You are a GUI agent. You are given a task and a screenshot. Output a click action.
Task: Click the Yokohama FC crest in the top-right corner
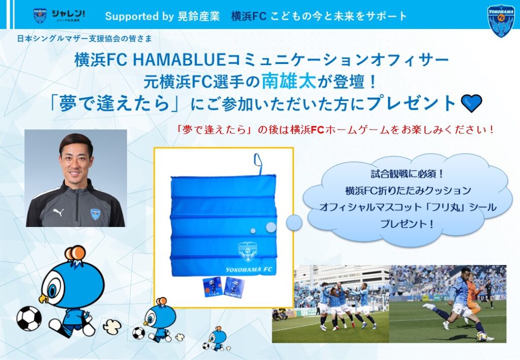coord(501,21)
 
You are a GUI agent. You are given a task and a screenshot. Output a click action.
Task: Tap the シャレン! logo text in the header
coord(68,14)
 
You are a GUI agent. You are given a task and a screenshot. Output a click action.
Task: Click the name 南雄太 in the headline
coord(289,81)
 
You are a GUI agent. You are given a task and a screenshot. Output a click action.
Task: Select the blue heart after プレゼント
coord(471,103)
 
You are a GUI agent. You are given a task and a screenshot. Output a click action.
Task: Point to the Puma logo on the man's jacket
coord(58,212)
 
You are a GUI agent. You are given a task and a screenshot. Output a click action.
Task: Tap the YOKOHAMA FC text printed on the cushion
coord(249,270)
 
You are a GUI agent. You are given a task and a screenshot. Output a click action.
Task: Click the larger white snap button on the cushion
coord(271,227)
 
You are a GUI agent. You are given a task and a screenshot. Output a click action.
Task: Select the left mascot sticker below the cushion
coord(212,287)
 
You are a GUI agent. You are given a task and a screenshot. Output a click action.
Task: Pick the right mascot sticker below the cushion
coord(234,287)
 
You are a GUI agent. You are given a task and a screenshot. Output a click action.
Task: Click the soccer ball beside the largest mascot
coord(29,318)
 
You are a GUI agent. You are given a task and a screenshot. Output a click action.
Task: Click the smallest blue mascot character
coord(216,339)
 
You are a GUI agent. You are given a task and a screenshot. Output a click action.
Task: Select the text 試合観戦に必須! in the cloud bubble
coord(407,174)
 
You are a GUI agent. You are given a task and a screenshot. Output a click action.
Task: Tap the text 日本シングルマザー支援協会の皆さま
coord(85,39)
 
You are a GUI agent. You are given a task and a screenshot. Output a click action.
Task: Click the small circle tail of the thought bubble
coord(294,222)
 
